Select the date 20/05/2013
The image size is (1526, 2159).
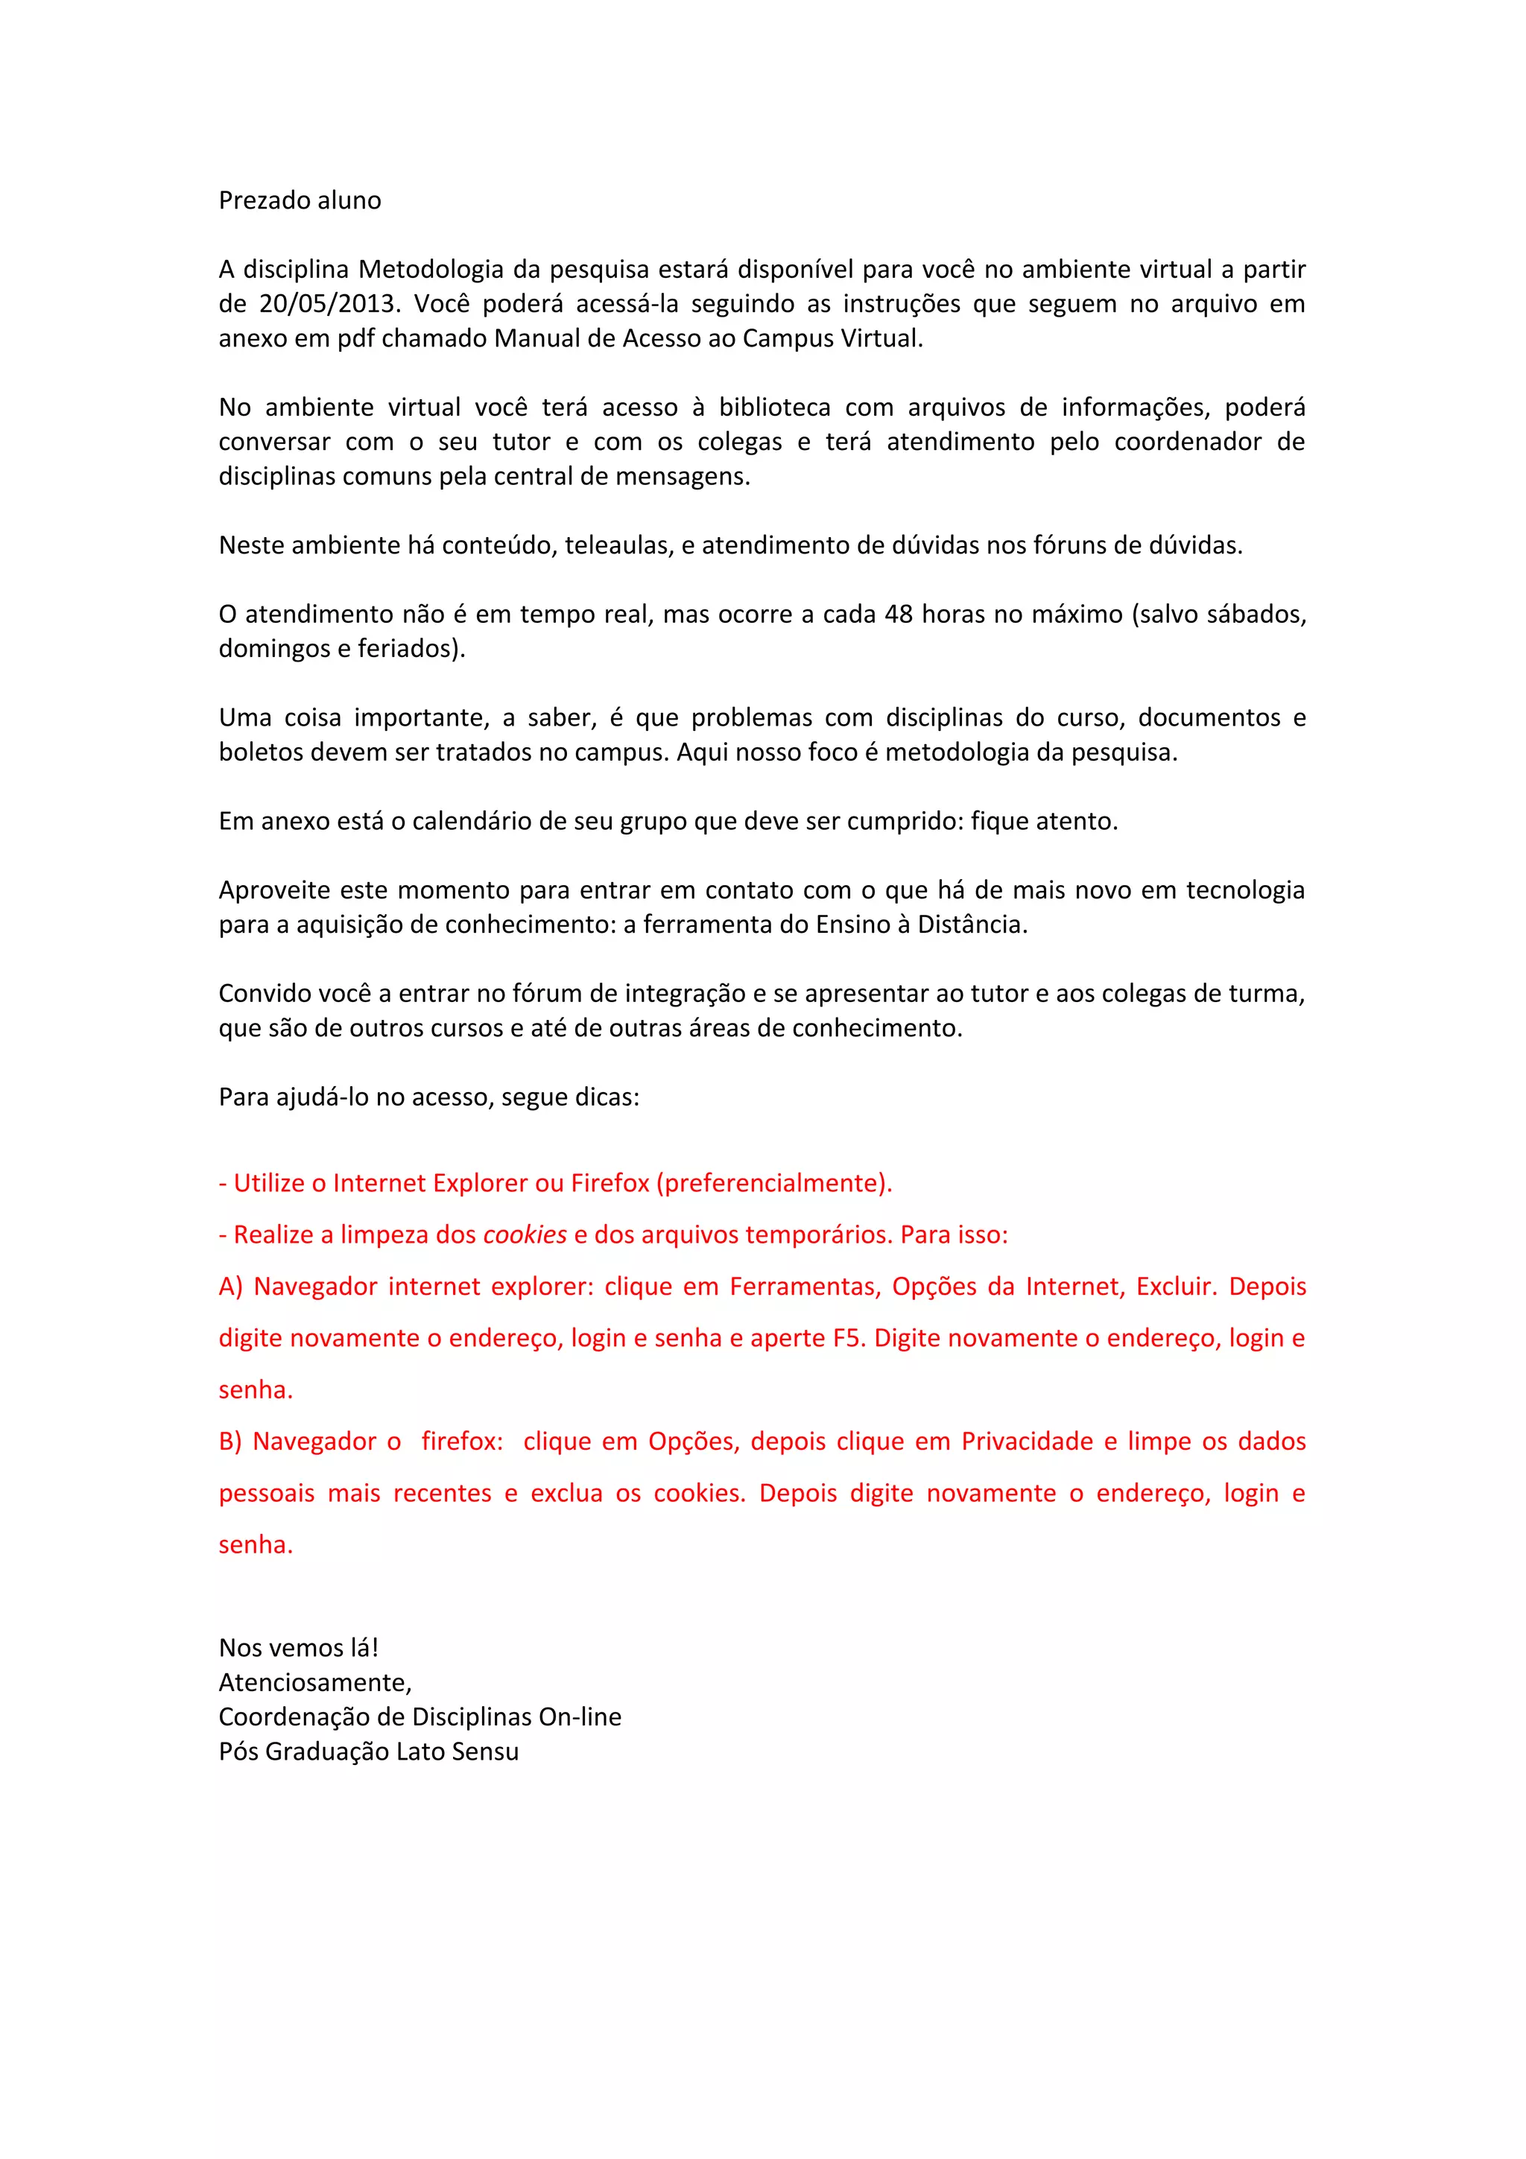tap(327, 304)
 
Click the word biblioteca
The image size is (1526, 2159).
tap(775, 408)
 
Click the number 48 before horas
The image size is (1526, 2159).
tap(898, 614)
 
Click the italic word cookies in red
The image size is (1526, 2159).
tap(525, 1234)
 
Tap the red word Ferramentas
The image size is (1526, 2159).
tap(805, 1287)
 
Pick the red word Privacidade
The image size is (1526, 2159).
tap(1027, 1442)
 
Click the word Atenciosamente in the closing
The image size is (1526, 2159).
tap(315, 1682)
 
